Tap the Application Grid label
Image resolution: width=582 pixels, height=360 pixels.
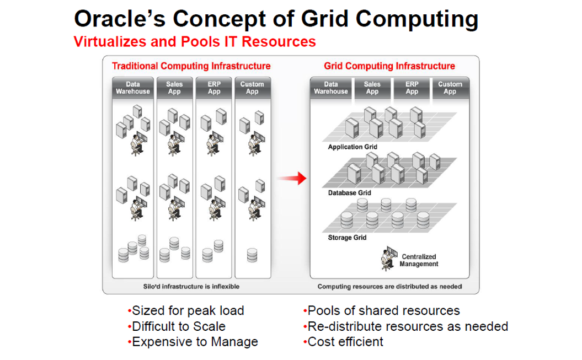[x=353, y=147]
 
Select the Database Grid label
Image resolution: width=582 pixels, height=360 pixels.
[x=349, y=193]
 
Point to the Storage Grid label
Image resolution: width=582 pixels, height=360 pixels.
[x=347, y=238]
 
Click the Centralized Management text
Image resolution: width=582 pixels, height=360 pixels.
[x=419, y=260]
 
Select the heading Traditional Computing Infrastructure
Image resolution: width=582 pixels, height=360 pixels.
[x=191, y=66]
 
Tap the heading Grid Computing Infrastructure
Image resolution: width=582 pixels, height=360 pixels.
[x=389, y=66]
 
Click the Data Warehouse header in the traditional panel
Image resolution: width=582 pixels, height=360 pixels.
[x=133, y=88]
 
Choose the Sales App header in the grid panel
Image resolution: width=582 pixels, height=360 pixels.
[x=372, y=88]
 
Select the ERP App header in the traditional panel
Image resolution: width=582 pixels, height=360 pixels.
[x=214, y=88]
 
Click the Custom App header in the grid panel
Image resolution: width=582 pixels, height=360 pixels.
[x=450, y=88]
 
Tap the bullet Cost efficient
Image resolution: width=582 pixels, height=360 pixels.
[x=343, y=342]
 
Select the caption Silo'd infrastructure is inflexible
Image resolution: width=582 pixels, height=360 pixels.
[x=191, y=287]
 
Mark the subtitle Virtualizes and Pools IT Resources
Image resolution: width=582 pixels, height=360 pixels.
[x=195, y=42]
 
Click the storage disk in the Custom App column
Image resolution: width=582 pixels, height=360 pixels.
[x=252, y=255]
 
